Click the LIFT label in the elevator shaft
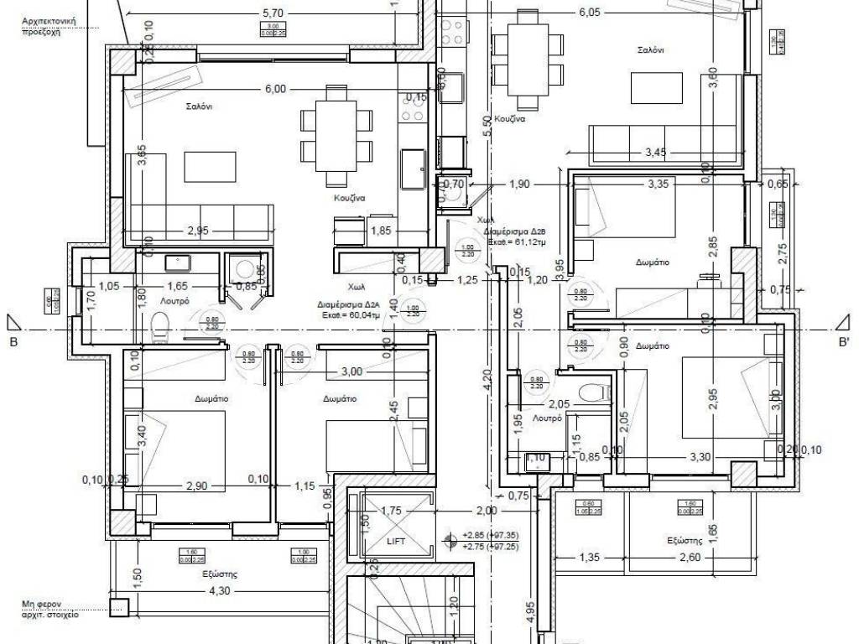point(396,542)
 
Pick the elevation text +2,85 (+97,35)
point(491,534)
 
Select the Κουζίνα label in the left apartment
point(346,199)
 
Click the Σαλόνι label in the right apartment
point(650,50)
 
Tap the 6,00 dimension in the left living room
point(275,89)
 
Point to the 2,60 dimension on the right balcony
point(667,557)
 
